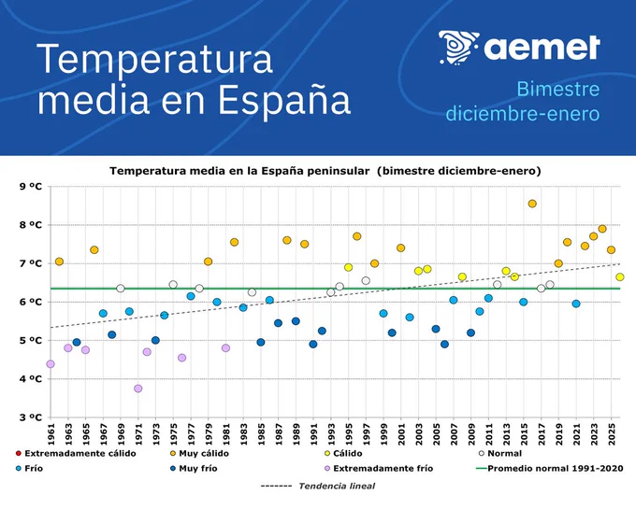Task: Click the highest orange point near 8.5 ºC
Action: (x=532, y=204)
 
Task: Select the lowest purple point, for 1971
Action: (x=137, y=389)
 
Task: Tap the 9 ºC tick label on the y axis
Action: (x=31, y=187)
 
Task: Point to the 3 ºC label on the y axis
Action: (x=31, y=417)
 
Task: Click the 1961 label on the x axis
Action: (x=51, y=434)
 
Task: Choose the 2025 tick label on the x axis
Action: (x=612, y=434)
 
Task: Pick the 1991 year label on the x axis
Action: (x=313, y=434)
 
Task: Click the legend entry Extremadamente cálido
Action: (x=76, y=453)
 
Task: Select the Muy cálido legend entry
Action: (x=199, y=453)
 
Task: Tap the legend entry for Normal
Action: (x=500, y=453)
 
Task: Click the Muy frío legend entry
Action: (x=194, y=468)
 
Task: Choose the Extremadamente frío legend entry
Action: (x=379, y=468)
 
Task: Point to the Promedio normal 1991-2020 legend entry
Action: (x=550, y=468)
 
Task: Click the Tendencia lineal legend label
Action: (x=337, y=486)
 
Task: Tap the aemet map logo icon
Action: (x=458, y=48)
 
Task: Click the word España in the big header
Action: (x=284, y=100)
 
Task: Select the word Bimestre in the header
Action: (x=558, y=89)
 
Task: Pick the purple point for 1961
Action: (x=51, y=364)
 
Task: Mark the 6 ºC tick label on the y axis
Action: (x=31, y=302)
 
